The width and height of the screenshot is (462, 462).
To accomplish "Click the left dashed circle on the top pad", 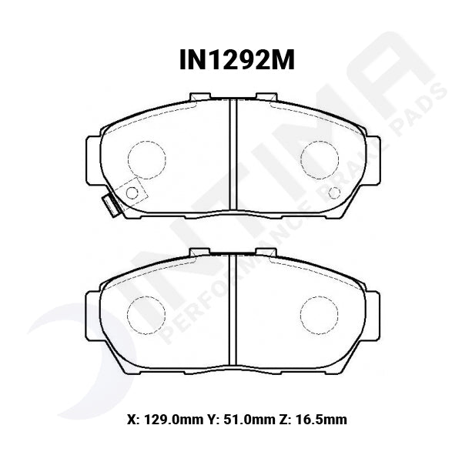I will click(x=146, y=159).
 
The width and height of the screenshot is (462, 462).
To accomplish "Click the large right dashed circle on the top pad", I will click(x=319, y=159).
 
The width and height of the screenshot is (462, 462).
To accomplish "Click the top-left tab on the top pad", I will click(x=199, y=96).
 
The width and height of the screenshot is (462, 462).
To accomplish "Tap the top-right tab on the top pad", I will click(x=266, y=96).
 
